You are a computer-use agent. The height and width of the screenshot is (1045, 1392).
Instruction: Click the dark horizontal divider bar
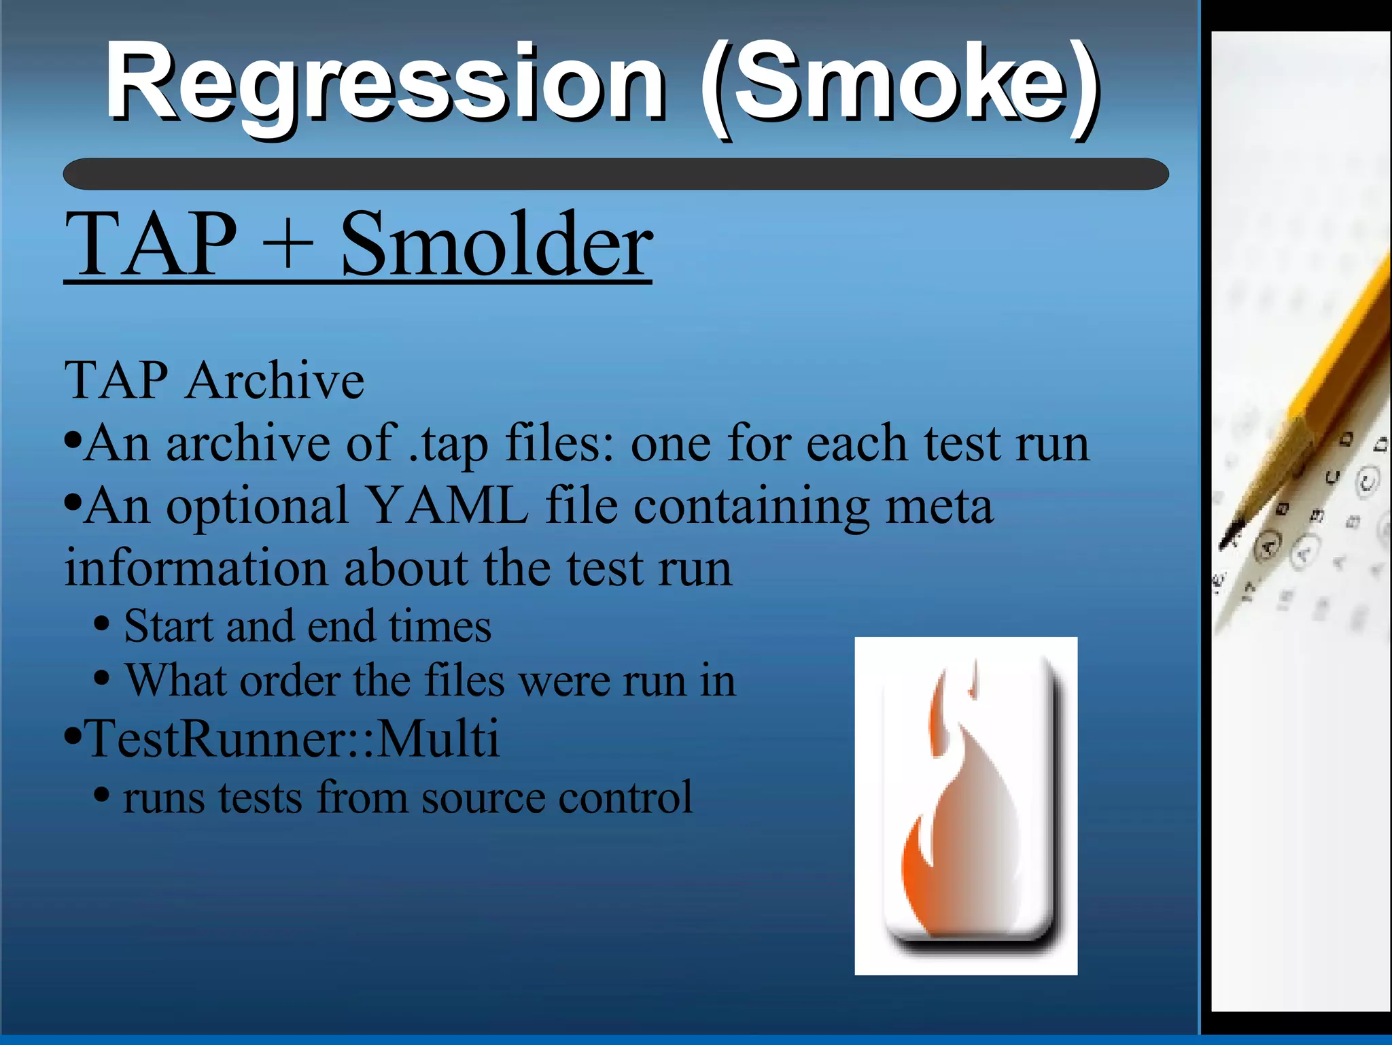point(615,174)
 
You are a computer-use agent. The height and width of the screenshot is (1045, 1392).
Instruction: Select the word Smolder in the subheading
point(496,245)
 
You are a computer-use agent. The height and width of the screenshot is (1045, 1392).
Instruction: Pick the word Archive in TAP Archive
point(275,381)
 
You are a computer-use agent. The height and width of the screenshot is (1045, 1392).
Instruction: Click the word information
point(196,568)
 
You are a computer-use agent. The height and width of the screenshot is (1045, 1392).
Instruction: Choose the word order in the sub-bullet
point(290,681)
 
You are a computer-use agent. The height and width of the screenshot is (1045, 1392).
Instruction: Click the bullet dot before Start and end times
point(101,624)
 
